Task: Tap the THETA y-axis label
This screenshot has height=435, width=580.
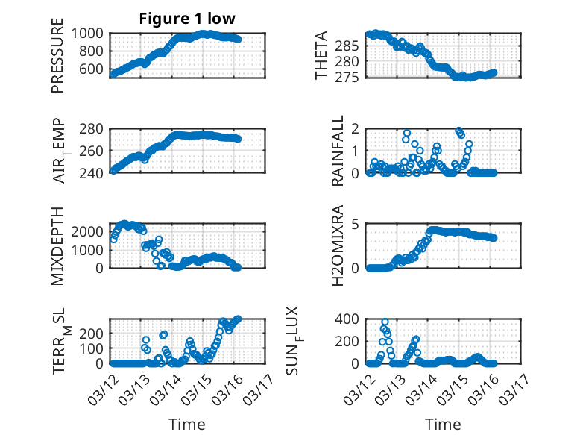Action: tap(321, 56)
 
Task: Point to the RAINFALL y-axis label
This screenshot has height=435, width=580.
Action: tap(338, 151)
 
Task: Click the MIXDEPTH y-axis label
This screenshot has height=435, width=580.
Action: tap(57, 246)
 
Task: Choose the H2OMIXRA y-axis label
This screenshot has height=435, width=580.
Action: tap(338, 246)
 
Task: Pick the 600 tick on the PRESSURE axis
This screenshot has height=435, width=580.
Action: tap(94, 69)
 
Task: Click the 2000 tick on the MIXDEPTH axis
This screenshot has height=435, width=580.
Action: tap(90, 231)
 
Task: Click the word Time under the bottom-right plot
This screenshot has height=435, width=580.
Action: tap(443, 424)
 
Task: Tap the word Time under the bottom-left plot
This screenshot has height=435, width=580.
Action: tap(188, 424)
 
